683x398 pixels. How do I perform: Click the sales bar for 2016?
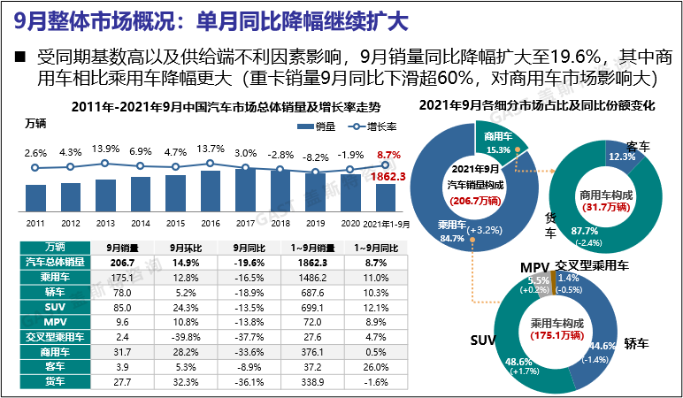210,188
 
